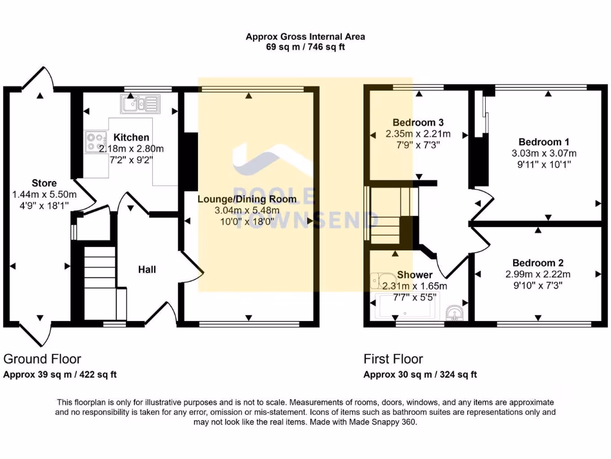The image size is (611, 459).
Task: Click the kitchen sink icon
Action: [x=140, y=104]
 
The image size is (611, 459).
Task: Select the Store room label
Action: [x=44, y=183]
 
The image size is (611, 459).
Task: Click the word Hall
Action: [x=147, y=270]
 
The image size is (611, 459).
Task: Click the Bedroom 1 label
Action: [x=544, y=142]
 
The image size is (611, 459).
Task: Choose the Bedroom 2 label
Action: [x=538, y=263]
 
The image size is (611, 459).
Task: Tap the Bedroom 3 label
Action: [x=418, y=123]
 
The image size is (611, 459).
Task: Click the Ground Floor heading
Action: [x=42, y=359]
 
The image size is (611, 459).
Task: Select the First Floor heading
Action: [x=393, y=359]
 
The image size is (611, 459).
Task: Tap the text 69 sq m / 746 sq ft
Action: [x=305, y=47]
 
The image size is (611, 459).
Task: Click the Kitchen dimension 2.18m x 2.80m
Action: [x=131, y=148]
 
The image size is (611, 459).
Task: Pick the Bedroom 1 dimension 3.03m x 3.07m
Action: [x=544, y=153]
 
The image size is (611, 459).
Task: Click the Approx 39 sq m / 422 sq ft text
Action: [x=60, y=375]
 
